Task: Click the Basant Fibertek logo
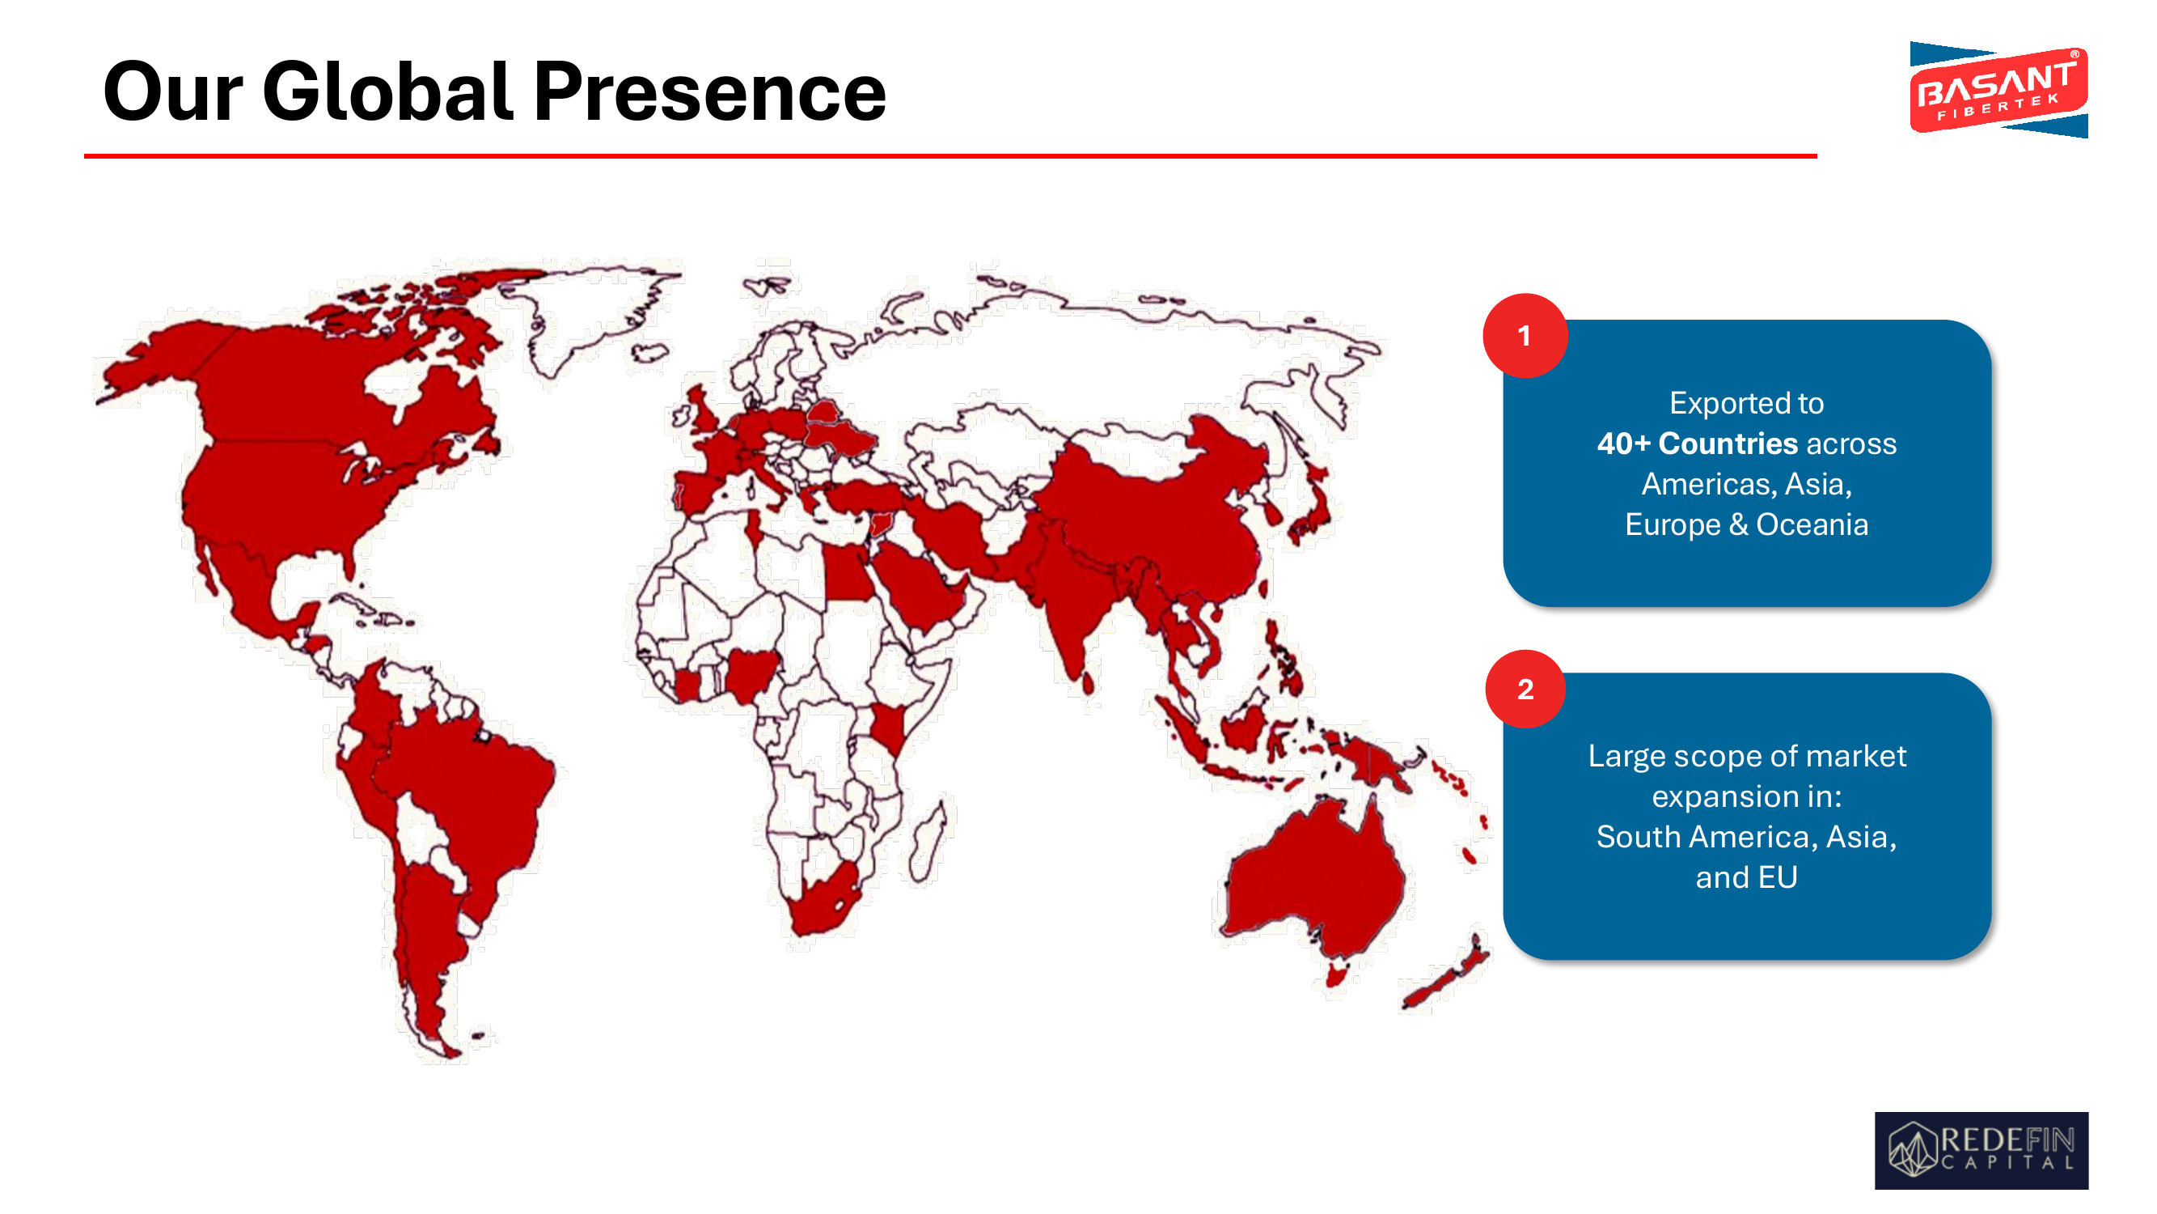click(x=1998, y=90)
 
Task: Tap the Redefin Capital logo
click(x=1981, y=1149)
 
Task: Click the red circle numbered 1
click(x=1525, y=336)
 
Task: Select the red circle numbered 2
click(x=1525, y=690)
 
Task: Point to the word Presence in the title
click(x=709, y=92)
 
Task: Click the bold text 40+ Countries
click(x=1698, y=444)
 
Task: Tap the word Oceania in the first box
click(x=1812, y=524)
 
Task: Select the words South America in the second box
click(x=1707, y=837)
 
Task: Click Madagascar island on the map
click(x=928, y=842)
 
